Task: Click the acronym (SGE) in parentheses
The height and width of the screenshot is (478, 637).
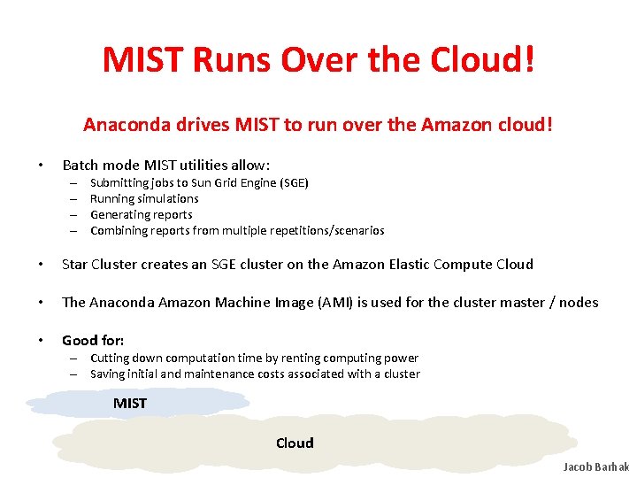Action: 292,182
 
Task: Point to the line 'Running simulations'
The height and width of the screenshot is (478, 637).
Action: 144,198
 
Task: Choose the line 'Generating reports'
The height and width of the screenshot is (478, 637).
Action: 141,214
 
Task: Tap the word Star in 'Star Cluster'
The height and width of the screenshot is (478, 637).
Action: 74,264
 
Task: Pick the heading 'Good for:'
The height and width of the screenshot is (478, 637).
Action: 93,340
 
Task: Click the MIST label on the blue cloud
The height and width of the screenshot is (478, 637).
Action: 130,404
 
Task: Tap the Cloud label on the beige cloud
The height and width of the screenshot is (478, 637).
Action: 295,443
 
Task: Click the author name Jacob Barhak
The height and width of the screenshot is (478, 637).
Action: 595,466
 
